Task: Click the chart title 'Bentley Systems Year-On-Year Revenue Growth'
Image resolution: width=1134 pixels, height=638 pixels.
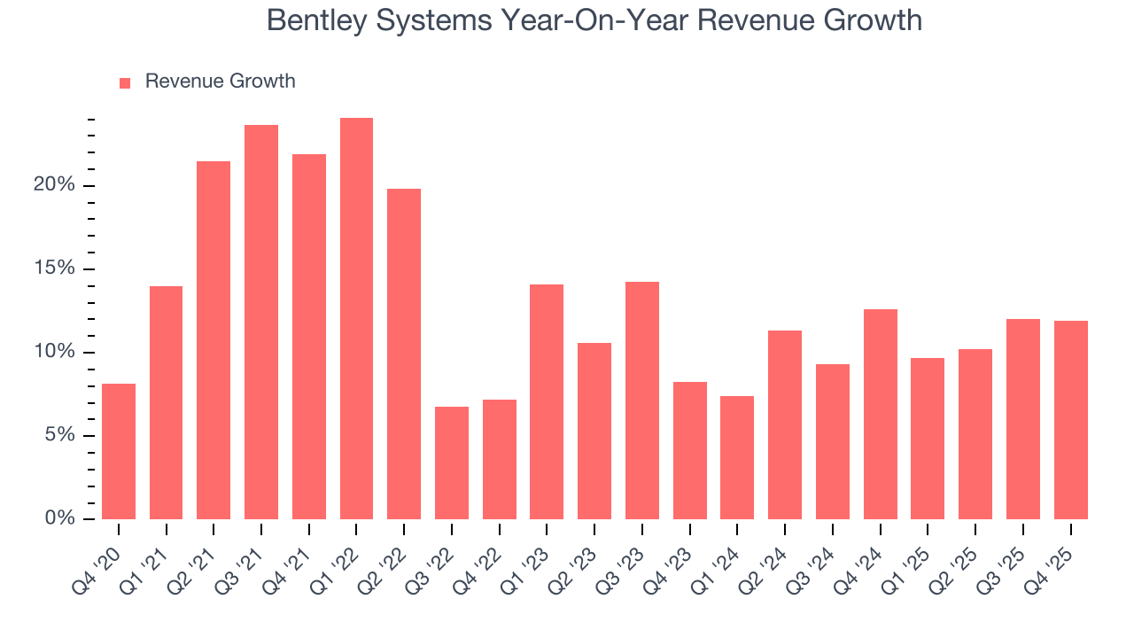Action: (x=594, y=20)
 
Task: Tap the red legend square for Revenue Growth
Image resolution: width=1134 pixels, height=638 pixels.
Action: (x=125, y=82)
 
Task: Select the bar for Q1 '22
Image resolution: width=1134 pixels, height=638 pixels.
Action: (x=356, y=318)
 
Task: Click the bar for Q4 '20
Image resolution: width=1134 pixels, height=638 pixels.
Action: (x=119, y=451)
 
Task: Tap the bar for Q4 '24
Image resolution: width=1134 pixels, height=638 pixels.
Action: (x=881, y=414)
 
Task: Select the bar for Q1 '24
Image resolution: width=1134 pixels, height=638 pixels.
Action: (x=737, y=457)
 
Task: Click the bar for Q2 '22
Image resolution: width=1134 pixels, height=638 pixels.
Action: (x=404, y=354)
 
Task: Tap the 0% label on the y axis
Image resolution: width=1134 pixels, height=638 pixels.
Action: (x=60, y=518)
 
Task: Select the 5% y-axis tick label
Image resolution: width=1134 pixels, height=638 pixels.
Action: (x=60, y=435)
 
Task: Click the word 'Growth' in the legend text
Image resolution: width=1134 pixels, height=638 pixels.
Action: (x=262, y=82)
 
